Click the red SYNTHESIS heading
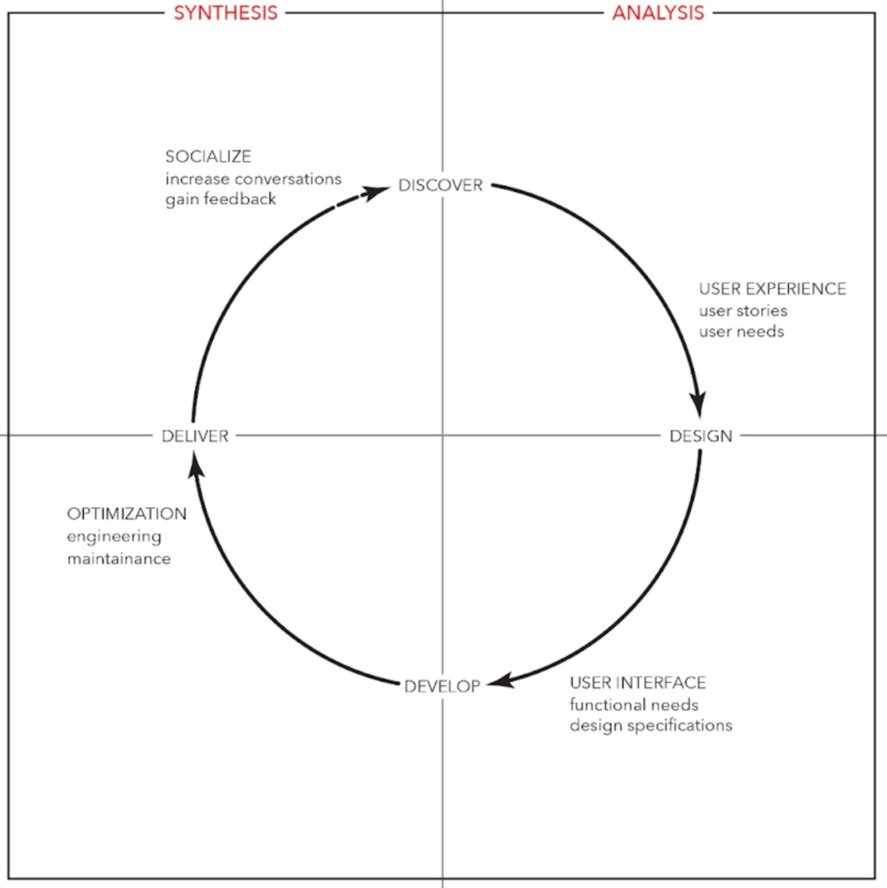coord(226,13)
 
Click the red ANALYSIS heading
coord(658,13)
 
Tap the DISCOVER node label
coord(441,185)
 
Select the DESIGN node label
coord(701,436)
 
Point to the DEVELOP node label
coord(442,686)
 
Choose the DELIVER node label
coord(196,436)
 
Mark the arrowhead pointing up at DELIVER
coord(196,464)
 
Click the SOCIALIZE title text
coord(208,157)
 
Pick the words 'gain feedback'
coord(220,199)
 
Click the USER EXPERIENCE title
coord(772,289)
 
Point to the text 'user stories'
coord(743,310)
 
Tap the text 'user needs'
coord(741,331)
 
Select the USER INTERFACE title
coord(638,682)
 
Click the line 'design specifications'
coord(650,725)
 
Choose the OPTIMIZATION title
coord(126,514)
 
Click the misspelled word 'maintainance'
coord(118,559)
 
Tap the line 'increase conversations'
coord(253,179)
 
